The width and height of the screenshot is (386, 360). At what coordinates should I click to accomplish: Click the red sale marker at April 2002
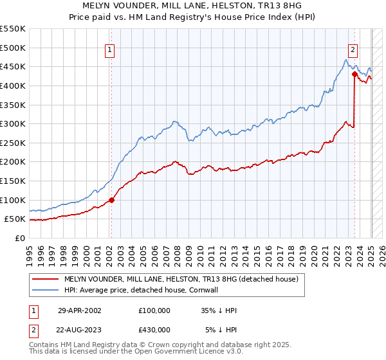click(x=111, y=200)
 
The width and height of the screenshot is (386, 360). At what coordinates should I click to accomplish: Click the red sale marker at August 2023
click(x=354, y=75)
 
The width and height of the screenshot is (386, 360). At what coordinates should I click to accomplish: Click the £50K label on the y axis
click(x=15, y=219)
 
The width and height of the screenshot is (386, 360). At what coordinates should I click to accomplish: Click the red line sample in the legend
click(x=45, y=280)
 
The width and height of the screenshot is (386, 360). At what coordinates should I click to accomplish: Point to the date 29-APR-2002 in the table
click(x=80, y=310)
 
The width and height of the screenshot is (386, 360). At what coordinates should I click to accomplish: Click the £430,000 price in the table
click(x=154, y=330)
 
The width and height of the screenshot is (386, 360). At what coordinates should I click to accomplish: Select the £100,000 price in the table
click(x=154, y=310)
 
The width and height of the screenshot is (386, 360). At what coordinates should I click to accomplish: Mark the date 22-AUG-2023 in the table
click(x=80, y=330)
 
